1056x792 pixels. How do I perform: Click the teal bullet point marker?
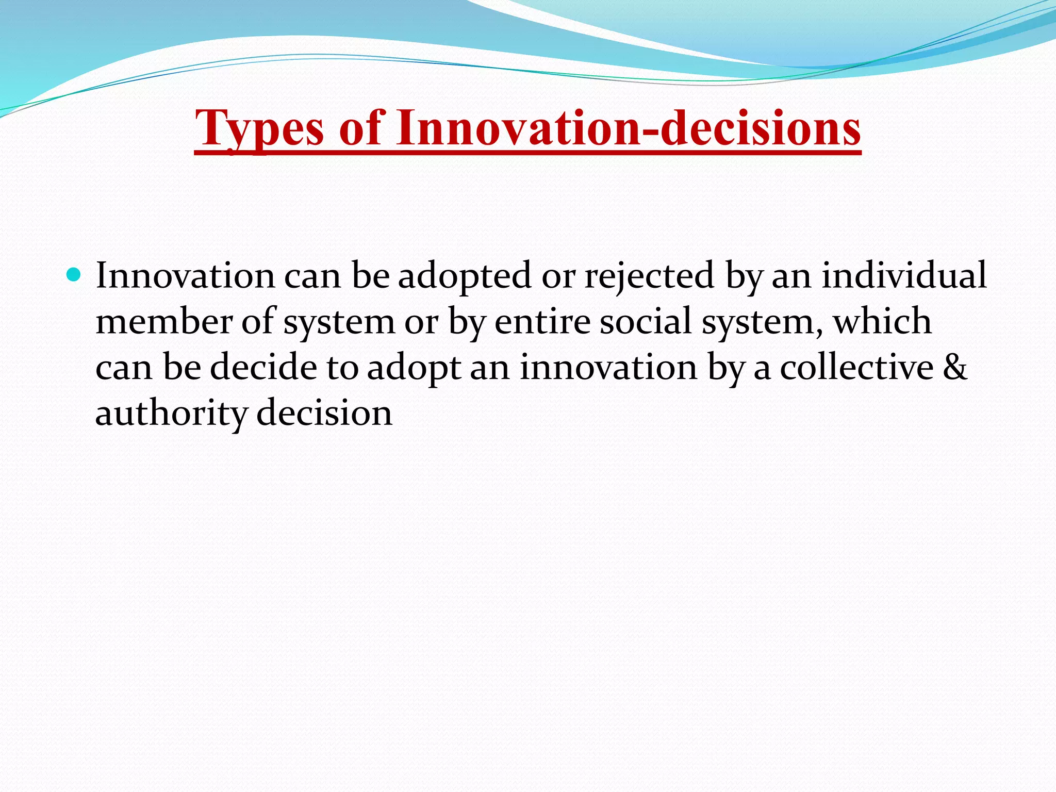74,275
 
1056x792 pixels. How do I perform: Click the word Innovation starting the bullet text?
185,275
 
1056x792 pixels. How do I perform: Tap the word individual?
903,275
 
